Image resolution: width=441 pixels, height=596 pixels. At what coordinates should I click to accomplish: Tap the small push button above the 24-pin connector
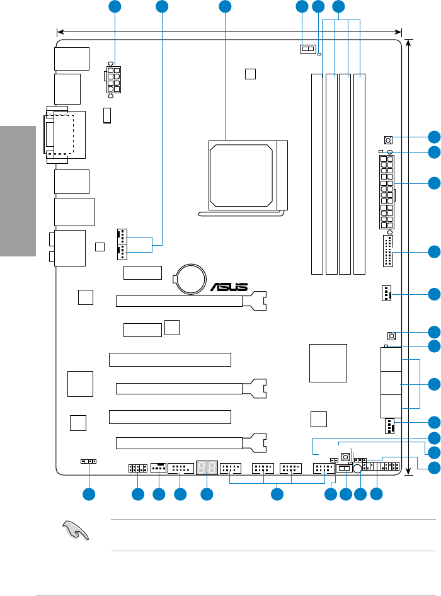(388, 140)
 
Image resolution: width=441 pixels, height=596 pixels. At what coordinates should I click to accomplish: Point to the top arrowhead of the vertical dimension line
(409, 42)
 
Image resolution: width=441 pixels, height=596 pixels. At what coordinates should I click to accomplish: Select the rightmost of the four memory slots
(359, 174)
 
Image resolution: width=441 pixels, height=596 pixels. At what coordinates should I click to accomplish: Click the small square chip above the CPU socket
(250, 74)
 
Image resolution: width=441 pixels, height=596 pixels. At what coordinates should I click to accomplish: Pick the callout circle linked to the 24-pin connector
(433, 183)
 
